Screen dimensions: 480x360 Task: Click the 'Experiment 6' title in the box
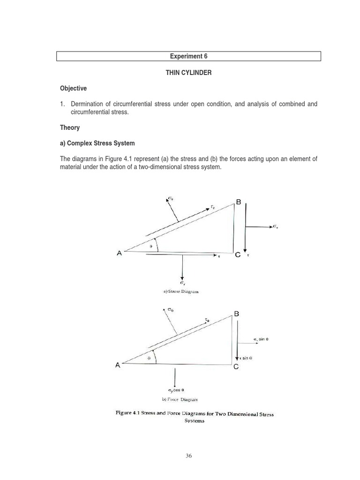[188, 56]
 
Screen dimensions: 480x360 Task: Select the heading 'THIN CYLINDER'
[188, 73]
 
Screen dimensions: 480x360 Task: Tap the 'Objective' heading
[73, 89]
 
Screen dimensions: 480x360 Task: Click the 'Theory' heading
[70, 127]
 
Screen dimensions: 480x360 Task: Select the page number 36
[188, 455]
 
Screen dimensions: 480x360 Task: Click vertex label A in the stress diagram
[119, 253]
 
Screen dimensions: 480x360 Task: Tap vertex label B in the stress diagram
[238, 202]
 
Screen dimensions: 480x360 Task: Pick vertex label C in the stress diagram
[238, 255]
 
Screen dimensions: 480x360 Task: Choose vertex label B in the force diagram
[236, 314]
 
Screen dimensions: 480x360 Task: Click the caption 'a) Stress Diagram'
[181, 291]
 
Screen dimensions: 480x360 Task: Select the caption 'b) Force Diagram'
[180, 399]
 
